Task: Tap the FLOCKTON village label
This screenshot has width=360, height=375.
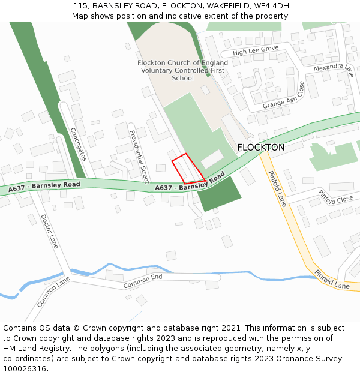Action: tap(261, 147)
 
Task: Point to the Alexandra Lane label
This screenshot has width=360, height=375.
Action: tap(334, 71)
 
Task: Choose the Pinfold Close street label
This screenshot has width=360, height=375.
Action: tap(335, 197)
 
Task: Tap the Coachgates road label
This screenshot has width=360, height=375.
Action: tap(79, 144)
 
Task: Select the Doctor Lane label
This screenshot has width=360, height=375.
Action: tap(50, 232)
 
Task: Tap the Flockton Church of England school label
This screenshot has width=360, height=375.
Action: tap(183, 70)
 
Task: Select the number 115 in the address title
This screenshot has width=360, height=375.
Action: tap(81, 5)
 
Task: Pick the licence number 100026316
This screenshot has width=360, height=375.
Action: tap(25, 368)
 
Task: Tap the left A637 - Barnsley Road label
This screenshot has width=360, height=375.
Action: tap(44, 188)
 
